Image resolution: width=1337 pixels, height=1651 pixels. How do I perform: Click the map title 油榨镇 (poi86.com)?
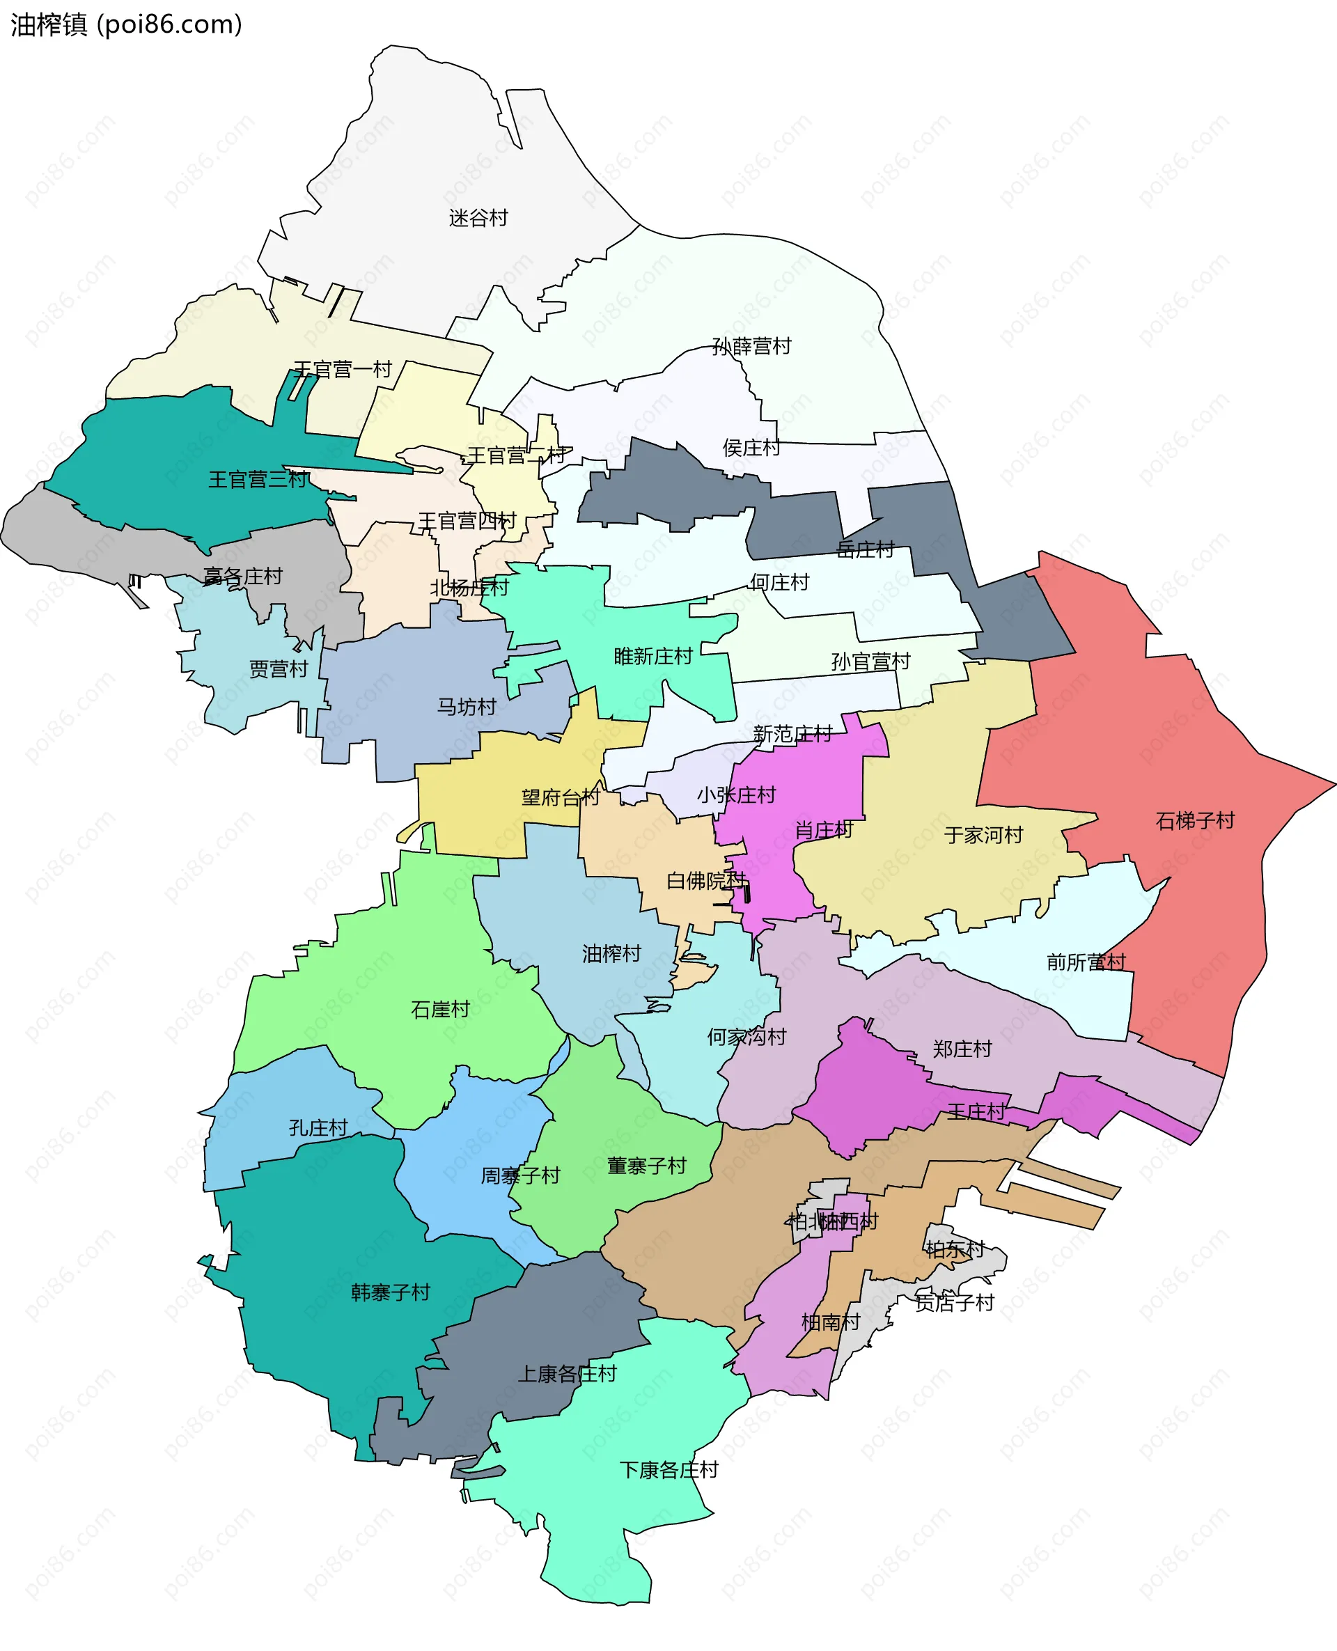(x=126, y=24)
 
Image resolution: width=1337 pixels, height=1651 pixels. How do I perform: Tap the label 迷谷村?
(x=478, y=218)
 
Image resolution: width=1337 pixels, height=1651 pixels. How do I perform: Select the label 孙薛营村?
(x=751, y=346)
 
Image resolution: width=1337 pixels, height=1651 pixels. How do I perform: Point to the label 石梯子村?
(x=1194, y=820)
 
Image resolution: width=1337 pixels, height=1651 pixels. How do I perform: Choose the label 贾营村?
(x=278, y=668)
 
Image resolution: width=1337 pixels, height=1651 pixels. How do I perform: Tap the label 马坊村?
(x=467, y=706)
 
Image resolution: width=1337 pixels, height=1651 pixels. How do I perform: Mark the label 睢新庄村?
(x=653, y=656)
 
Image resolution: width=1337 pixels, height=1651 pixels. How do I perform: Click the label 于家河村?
(x=983, y=835)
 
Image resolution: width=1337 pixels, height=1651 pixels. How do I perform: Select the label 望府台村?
(x=561, y=797)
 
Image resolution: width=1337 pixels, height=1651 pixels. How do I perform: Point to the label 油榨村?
(x=611, y=953)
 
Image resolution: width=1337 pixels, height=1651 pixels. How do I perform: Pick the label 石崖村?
(x=440, y=1009)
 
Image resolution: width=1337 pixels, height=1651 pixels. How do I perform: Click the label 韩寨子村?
(x=391, y=1292)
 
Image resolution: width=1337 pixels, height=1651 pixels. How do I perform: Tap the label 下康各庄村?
(x=668, y=1469)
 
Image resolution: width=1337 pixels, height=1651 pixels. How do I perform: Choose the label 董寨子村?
(x=646, y=1165)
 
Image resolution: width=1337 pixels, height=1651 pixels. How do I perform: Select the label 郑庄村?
(x=962, y=1048)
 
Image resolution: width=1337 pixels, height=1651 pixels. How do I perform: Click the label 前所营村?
(x=1086, y=962)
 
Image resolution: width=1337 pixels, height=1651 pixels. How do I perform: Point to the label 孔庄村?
(x=318, y=1127)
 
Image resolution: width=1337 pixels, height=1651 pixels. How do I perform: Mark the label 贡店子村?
(x=954, y=1302)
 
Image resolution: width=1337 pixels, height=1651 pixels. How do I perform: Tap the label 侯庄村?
(x=751, y=448)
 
